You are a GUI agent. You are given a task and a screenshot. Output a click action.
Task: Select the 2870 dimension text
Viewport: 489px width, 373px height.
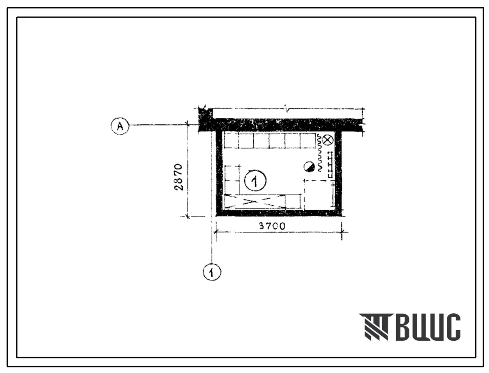point(179,177)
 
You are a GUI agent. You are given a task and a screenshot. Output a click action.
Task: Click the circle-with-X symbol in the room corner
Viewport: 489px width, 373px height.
point(327,140)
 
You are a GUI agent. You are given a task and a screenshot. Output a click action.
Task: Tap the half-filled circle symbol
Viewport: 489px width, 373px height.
point(310,167)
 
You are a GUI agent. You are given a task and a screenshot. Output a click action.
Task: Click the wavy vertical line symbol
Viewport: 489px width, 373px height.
point(319,152)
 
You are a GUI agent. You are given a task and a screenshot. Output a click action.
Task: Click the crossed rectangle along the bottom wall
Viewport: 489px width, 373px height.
point(254,201)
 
